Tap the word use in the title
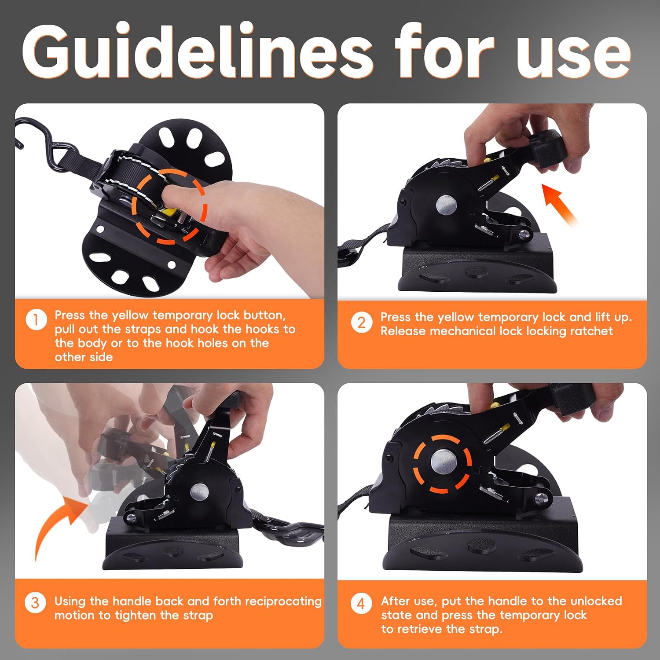point(574,56)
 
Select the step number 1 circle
point(36,320)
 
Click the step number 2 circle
point(361,323)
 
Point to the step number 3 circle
point(35,602)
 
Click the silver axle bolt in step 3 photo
point(200,491)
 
